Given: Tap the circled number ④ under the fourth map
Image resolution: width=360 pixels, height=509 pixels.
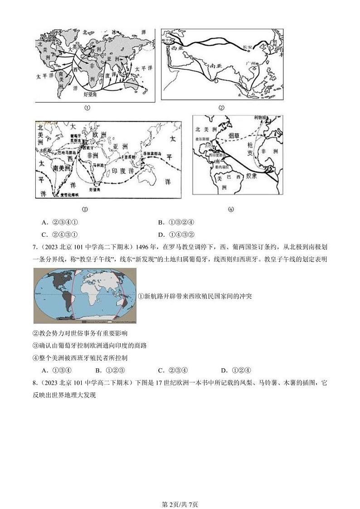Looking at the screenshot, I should click(x=230, y=209).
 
